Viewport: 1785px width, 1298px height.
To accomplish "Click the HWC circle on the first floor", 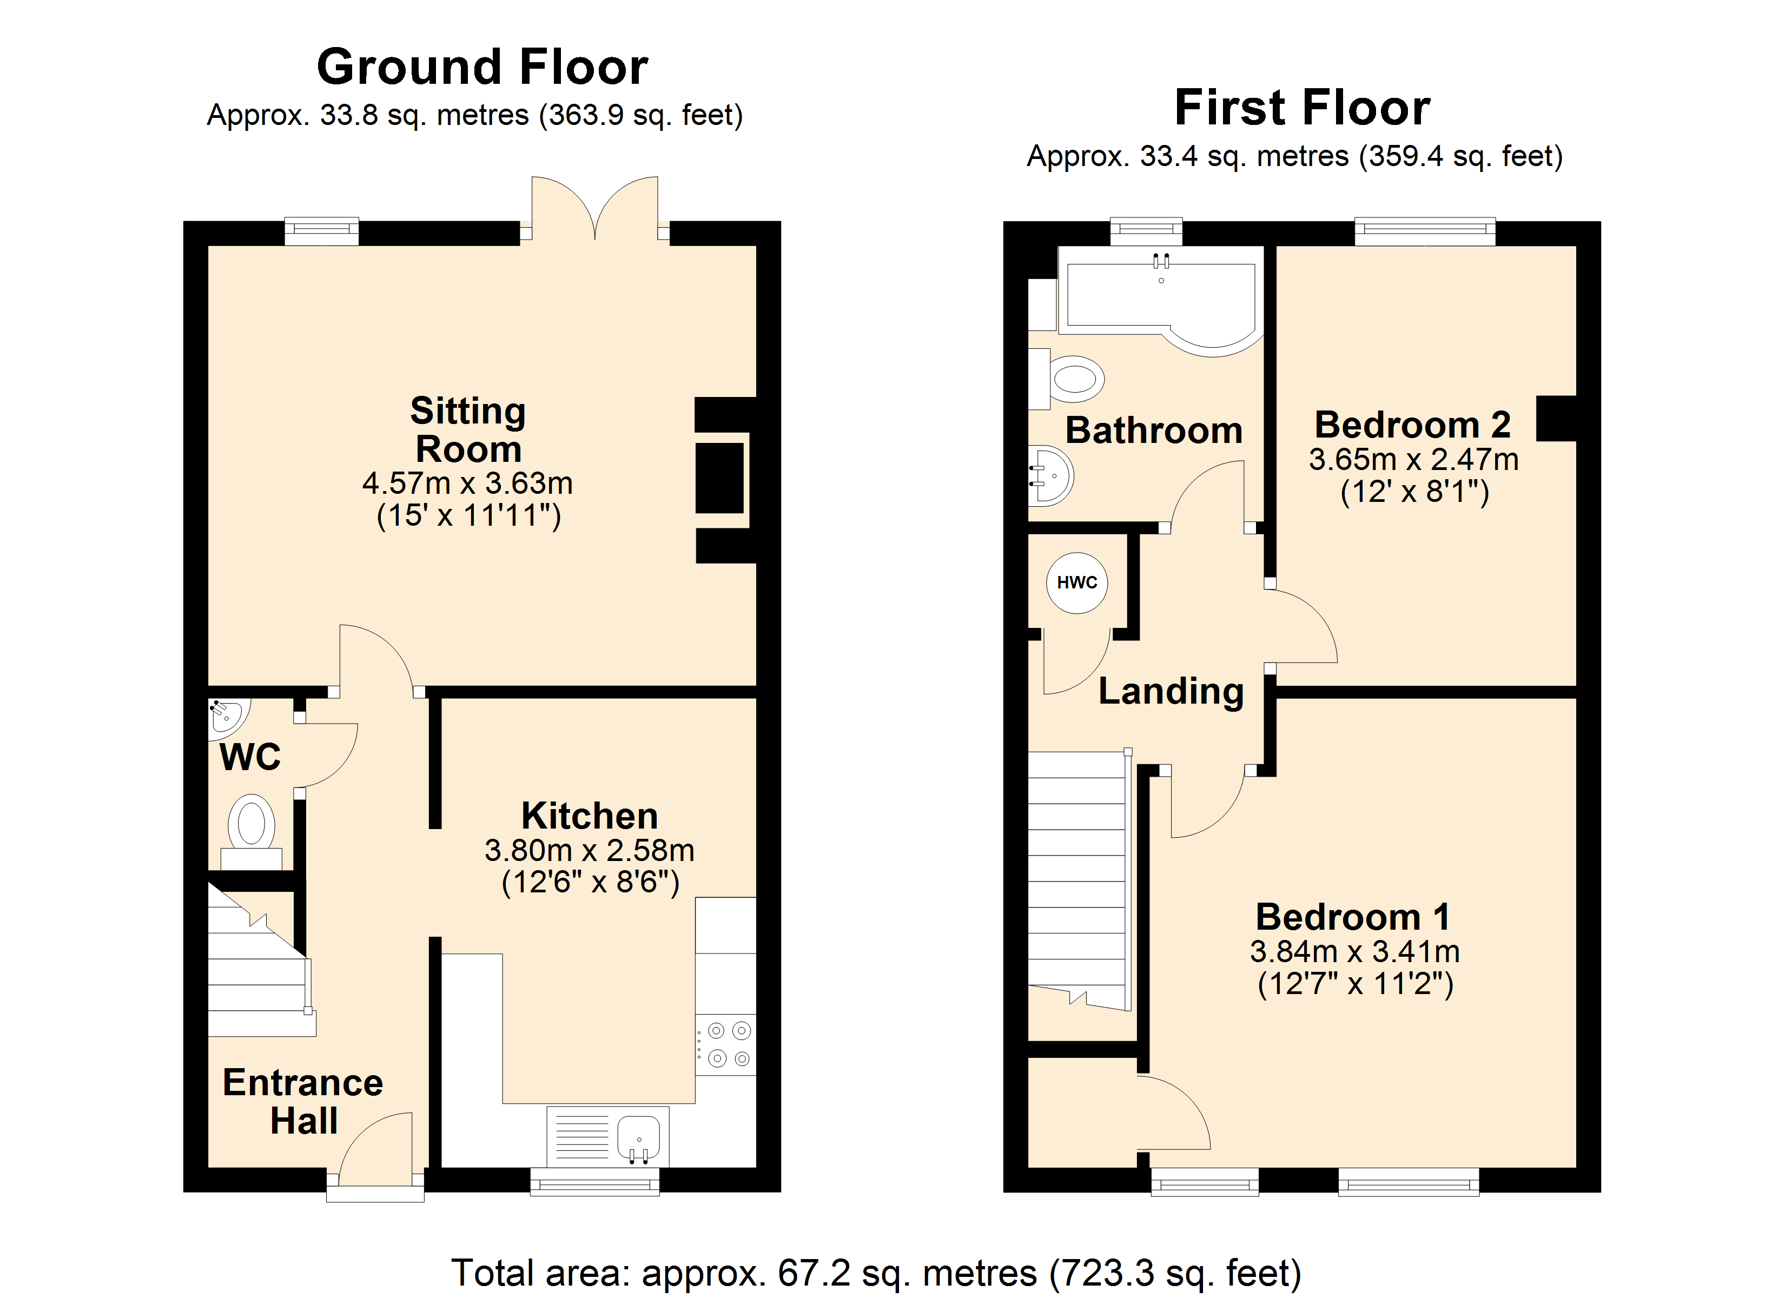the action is coord(1076,582).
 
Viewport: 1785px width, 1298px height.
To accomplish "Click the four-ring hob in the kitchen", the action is coord(726,1044).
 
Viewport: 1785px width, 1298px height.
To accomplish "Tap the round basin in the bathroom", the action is coord(1050,475).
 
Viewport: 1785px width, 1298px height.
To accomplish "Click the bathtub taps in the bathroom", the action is coord(1161,261).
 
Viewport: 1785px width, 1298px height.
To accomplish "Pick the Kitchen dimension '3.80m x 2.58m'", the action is coord(590,850).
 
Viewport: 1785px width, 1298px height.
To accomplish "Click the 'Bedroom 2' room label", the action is coord(1413,425).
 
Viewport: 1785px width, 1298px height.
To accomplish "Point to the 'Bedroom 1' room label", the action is coord(1353,917).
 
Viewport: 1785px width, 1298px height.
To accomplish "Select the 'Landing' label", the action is coord(1171,692).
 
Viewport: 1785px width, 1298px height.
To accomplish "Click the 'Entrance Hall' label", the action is coord(303,1101).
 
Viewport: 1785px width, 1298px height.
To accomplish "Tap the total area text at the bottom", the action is coord(876,1273).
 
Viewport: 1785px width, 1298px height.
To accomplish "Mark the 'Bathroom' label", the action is coord(1154,431).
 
